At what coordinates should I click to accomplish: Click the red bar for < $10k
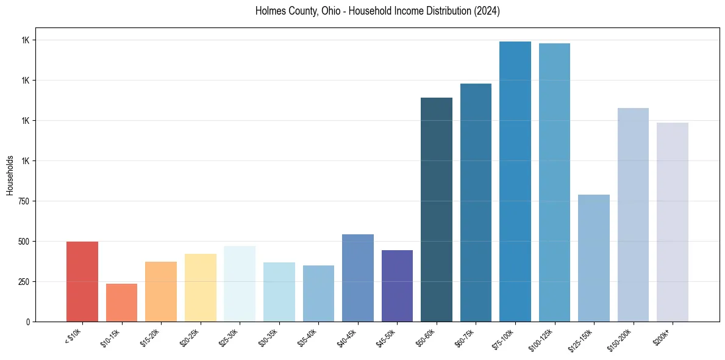click(82, 281)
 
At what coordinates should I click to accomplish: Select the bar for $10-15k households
click(121, 303)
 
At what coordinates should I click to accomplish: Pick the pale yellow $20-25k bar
click(201, 287)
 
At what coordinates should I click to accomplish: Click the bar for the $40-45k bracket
click(358, 278)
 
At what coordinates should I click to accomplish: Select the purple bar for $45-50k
click(397, 286)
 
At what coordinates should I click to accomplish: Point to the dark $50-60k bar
click(437, 209)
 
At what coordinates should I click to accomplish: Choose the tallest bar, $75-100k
click(515, 181)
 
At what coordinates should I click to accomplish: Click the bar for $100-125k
click(554, 182)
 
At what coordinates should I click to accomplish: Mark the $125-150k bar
click(594, 258)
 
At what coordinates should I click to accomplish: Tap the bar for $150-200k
click(633, 215)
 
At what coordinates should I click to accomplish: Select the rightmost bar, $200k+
click(673, 222)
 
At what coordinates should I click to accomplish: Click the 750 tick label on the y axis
click(23, 201)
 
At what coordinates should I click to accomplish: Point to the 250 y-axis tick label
click(23, 282)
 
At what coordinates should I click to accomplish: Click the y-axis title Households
click(10, 175)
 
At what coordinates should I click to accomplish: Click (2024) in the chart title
click(487, 11)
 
